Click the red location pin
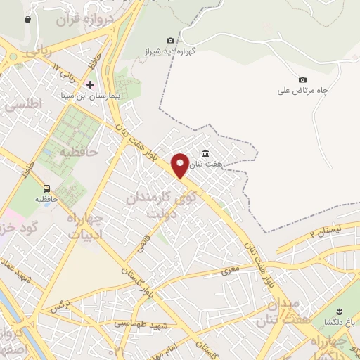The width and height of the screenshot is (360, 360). point(180,165)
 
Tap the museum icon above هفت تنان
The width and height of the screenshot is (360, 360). point(205,154)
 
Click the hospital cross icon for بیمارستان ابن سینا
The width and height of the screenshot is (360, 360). point(90,84)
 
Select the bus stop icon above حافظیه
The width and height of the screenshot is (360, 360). point(46,188)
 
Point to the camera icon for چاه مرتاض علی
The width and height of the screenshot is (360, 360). point(302,79)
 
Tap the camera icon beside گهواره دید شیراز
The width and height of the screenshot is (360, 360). point(170,41)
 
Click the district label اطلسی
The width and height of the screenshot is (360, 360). point(24,104)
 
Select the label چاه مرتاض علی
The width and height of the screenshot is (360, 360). point(304,90)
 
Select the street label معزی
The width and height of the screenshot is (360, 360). point(229,269)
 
